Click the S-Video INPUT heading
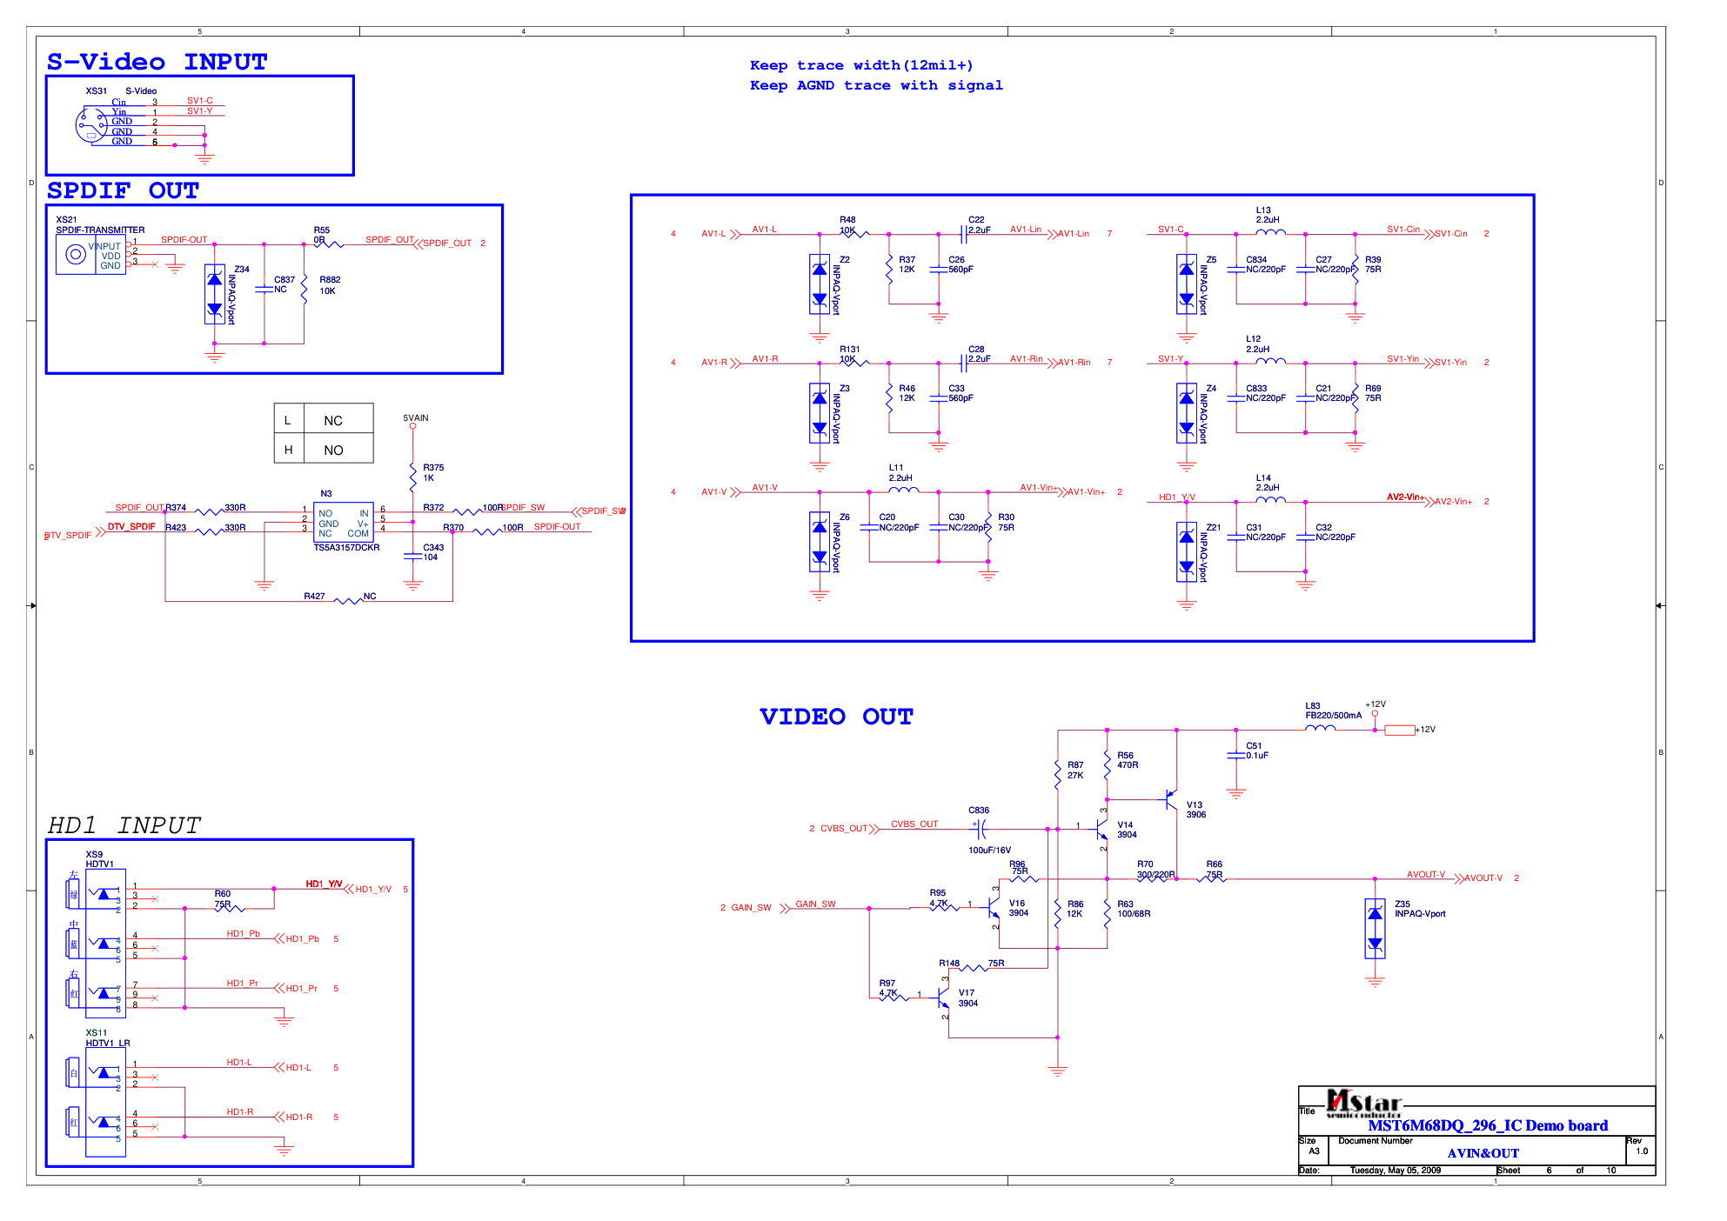point(157,62)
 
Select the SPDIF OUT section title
point(123,190)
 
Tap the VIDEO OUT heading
point(835,717)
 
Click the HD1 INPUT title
point(124,825)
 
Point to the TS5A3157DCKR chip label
point(346,548)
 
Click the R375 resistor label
point(433,468)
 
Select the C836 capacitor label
point(979,811)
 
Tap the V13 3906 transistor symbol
point(1171,800)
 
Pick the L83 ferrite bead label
point(1313,706)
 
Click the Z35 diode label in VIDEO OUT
point(1402,904)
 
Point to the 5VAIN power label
point(416,418)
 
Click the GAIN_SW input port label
point(751,908)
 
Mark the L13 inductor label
point(1263,210)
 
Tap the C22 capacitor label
point(976,220)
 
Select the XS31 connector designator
point(96,91)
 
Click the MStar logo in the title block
point(1363,1103)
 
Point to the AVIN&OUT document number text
point(1483,1153)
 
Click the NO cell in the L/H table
point(333,450)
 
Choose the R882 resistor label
point(330,280)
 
